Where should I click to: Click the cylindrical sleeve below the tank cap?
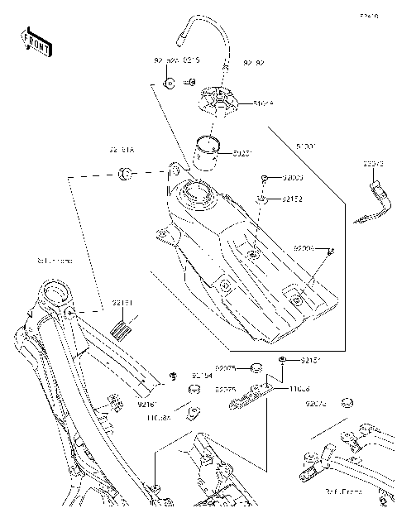pyautogui.click(x=208, y=152)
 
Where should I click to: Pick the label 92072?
pyautogui.click(x=373, y=164)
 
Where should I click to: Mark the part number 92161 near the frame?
pyautogui.click(x=148, y=404)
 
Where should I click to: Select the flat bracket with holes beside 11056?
pyautogui.click(x=248, y=399)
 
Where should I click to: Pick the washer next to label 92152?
pyautogui.click(x=261, y=199)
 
